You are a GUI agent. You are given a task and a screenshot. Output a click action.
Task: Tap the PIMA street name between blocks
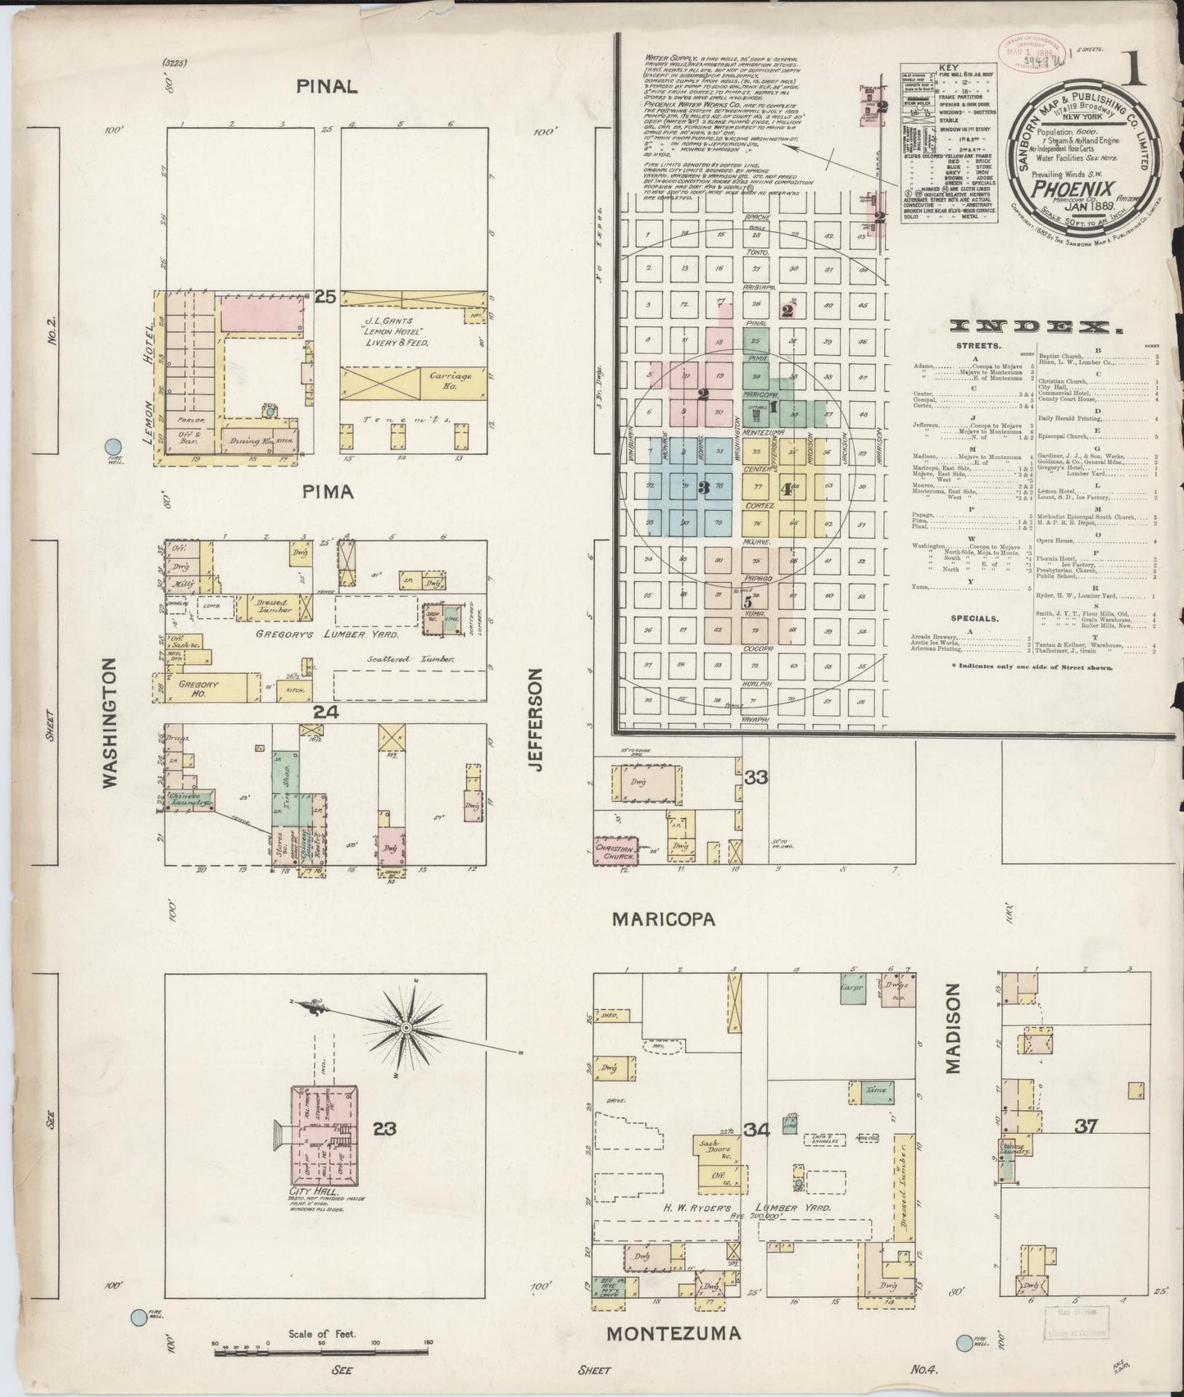327,492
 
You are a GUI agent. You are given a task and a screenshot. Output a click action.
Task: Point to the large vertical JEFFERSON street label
537,719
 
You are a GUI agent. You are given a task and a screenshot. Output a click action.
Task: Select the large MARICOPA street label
664,919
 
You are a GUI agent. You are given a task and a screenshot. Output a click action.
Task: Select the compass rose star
406,1026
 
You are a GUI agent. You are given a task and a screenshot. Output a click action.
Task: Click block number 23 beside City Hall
384,1128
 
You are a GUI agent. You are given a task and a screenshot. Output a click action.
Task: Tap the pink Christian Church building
615,850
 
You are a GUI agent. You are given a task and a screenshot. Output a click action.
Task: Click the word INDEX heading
1037,327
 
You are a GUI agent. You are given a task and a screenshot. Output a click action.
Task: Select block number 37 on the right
1086,1128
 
